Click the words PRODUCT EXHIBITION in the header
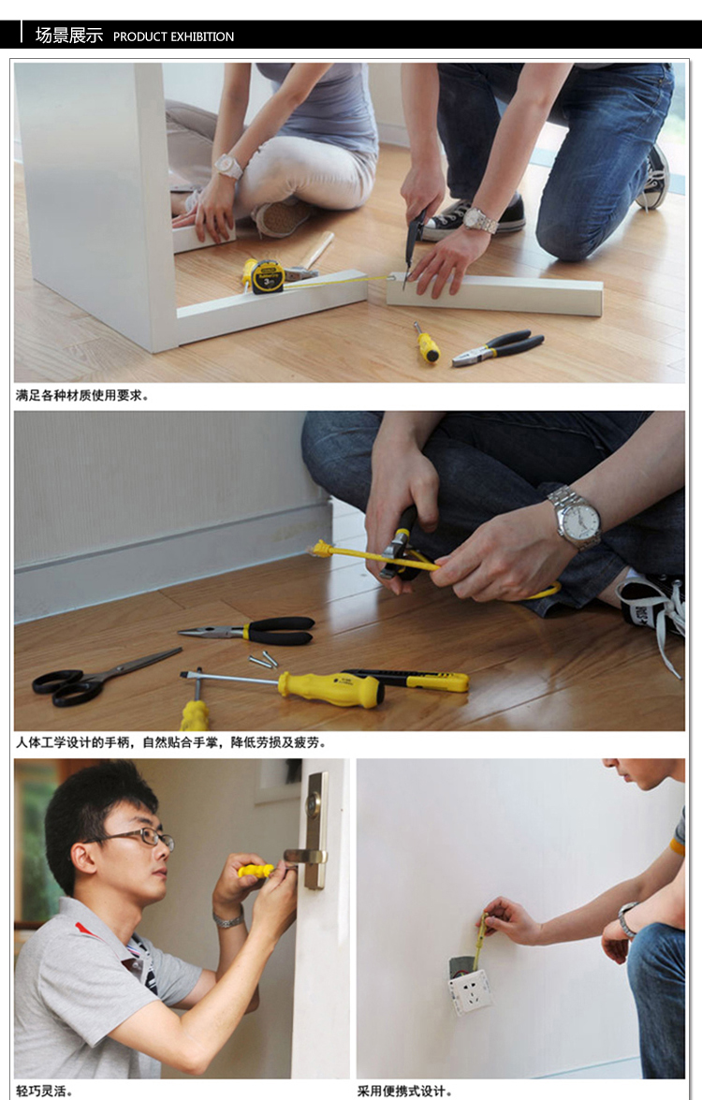coord(173,37)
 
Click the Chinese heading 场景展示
coord(68,36)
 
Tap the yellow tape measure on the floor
coord(266,276)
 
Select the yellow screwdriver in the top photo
coord(427,345)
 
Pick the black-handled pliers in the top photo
coord(500,346)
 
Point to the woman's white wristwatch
coord(227,167)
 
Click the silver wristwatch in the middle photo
coord(576,516)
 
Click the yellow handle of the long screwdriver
coord(329,688)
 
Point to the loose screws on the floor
coord(264,660)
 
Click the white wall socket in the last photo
coord(470,990)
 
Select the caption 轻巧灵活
coord(43,1091)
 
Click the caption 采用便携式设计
coord(404,1091)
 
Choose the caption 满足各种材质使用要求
coord(81,395)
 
